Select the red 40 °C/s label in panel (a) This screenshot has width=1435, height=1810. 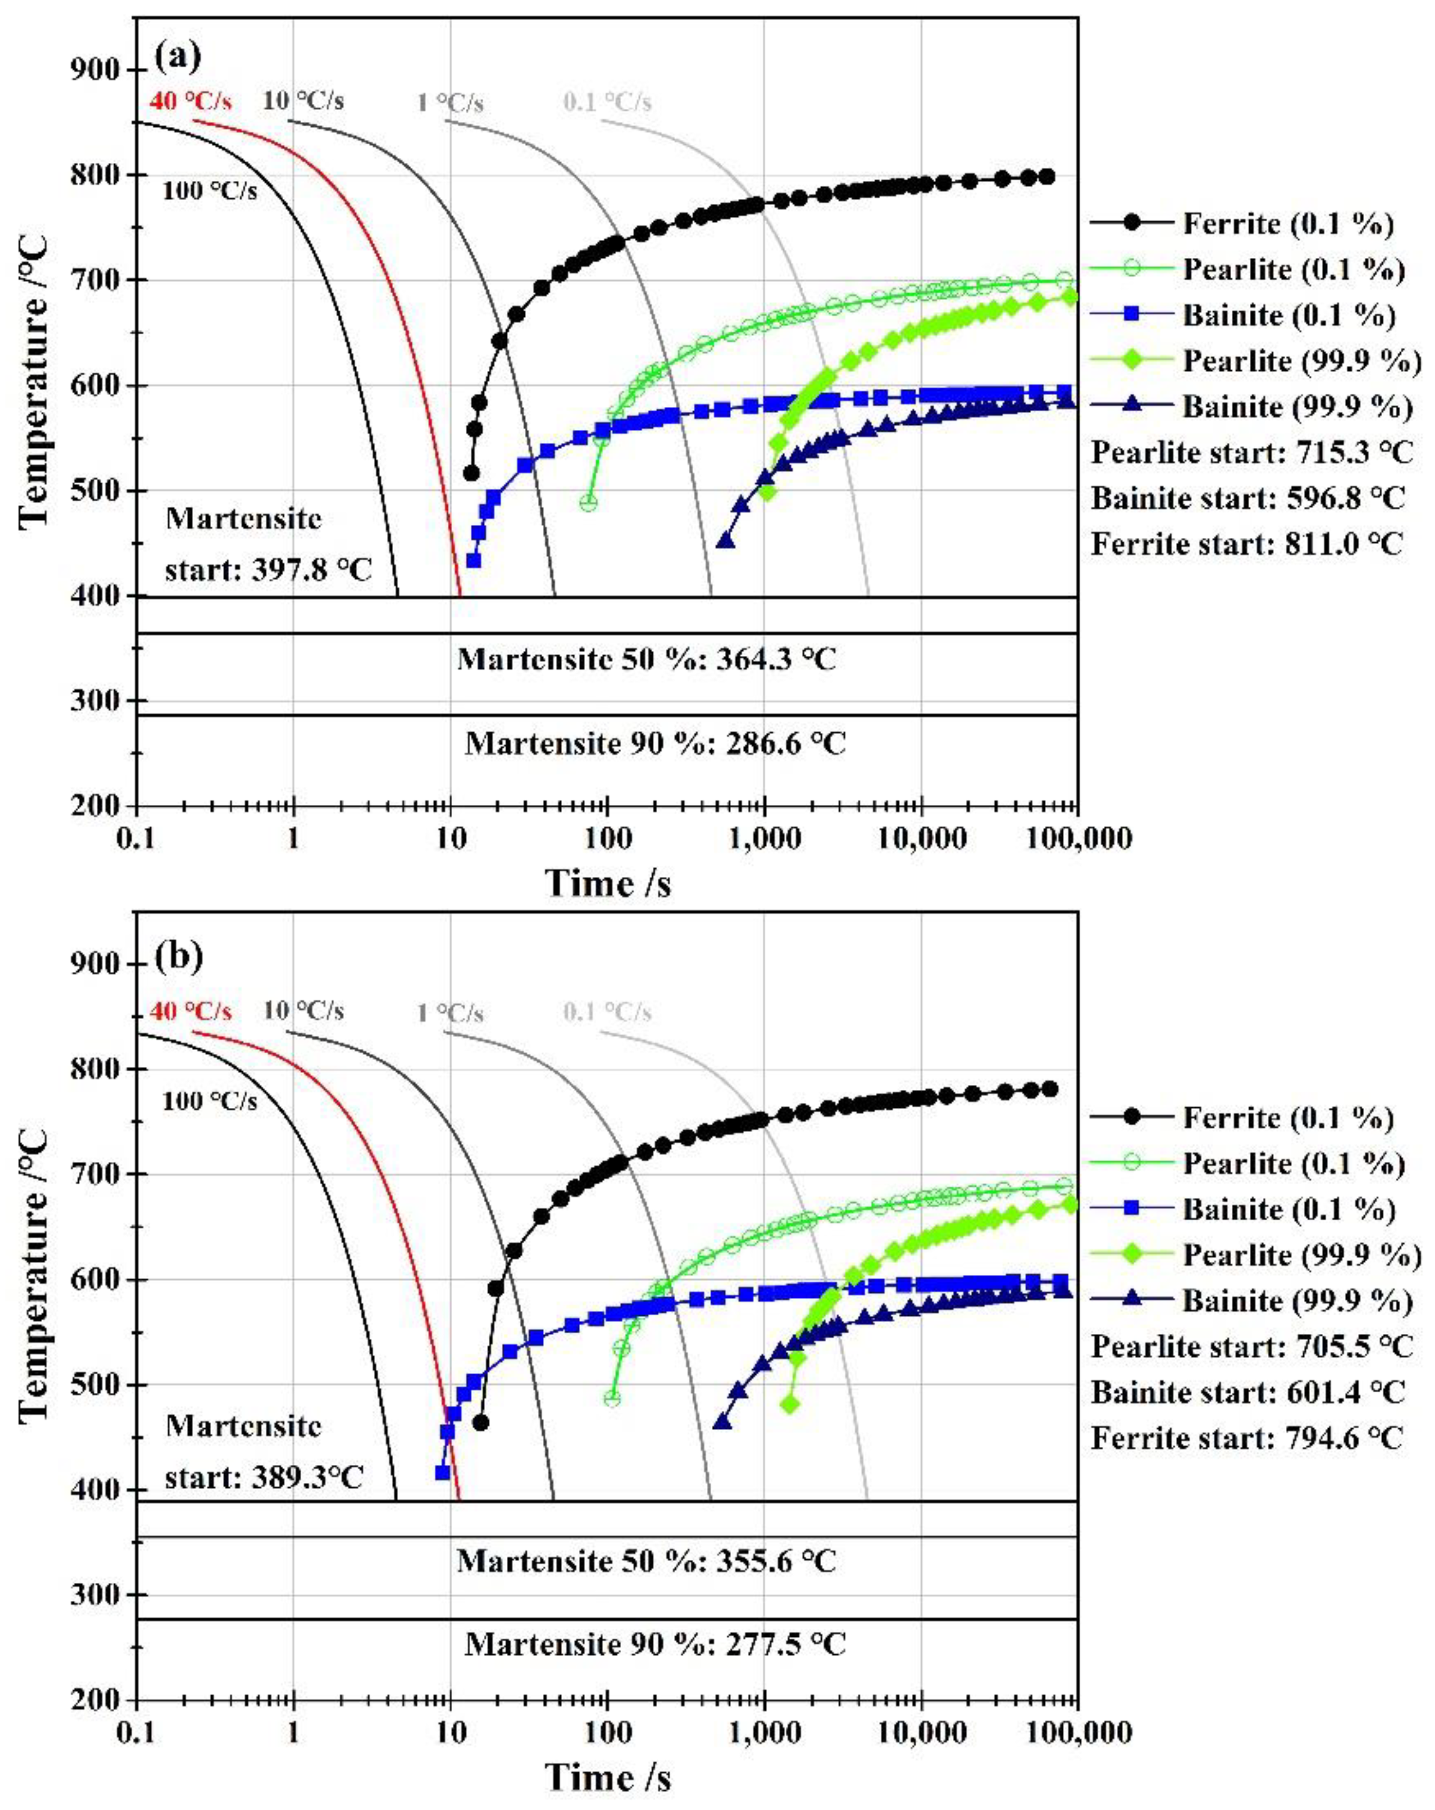click(x=191, y=102)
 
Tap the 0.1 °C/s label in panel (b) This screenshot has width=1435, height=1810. click(x=606, y=1012)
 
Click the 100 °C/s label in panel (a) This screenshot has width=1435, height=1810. click(x=210, y=191)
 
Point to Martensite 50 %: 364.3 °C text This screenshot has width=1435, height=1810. click(x=646, y=659)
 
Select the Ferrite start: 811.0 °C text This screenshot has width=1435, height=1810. click(x=1247, y=544)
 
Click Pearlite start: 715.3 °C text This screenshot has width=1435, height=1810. click(x=1251, y=453)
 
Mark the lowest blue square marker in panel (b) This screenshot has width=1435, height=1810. click(x=442, y=1473)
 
